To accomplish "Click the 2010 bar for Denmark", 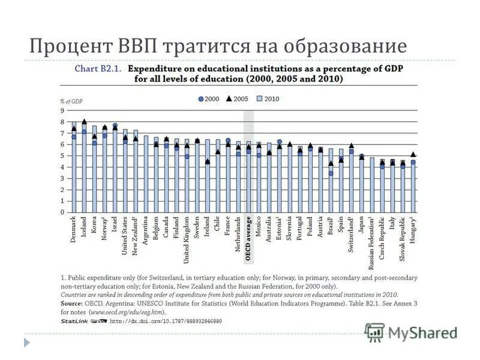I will pos(74,168).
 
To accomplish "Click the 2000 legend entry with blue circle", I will pos(208,98).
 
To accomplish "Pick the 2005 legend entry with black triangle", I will pos(238,98).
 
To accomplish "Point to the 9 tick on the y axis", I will pos(62,110).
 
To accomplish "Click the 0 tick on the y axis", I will pos(62,212).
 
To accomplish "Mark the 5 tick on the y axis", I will pos(62,156).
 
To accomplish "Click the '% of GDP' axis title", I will pos(71,101).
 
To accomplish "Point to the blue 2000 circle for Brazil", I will pos(331,173).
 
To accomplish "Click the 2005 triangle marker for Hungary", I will pos(413,154).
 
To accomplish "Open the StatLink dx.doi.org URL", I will pos(166,322).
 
